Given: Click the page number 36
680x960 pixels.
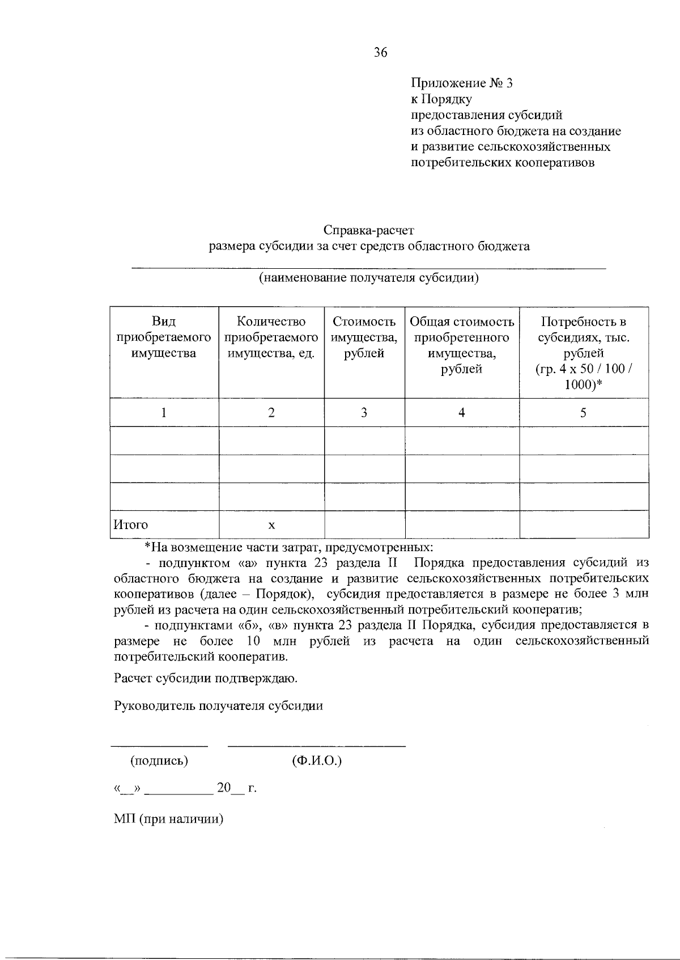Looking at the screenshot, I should tap(381, 53).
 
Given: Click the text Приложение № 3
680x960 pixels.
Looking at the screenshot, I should tap(461, 83).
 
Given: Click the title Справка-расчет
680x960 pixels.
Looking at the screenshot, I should tap(369, 230).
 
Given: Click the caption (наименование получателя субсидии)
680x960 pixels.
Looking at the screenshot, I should tap(369, 278).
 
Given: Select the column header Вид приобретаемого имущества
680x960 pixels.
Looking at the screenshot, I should tap(164, 337).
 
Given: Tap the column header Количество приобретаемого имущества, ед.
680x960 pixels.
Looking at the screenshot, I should tap(271, 337).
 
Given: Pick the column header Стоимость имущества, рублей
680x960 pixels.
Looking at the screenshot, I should tap(364, 337).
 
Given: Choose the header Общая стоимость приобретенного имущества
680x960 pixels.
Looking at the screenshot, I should tap(462, 345).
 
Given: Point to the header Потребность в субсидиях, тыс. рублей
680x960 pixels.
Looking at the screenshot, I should tap(584, 353).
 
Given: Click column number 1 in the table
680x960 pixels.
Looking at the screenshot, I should tap(164, 413).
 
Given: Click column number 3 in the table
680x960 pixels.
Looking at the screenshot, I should tap(364, 413).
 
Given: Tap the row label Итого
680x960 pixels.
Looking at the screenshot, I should tap(131, 525).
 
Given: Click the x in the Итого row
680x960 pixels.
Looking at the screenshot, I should tap(271, 526).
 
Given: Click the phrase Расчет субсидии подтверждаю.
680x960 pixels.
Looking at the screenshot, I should tap(206, 678).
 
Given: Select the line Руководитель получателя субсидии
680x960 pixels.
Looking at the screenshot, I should tap(219, 706).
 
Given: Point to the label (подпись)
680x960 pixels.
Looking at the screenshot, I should tap(159, 761).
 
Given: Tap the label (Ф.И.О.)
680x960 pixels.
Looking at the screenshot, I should tap(317, 761).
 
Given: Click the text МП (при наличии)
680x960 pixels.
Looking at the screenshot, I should tap(169, 819).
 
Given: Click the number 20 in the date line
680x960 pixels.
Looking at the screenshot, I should tap(224, 788).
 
